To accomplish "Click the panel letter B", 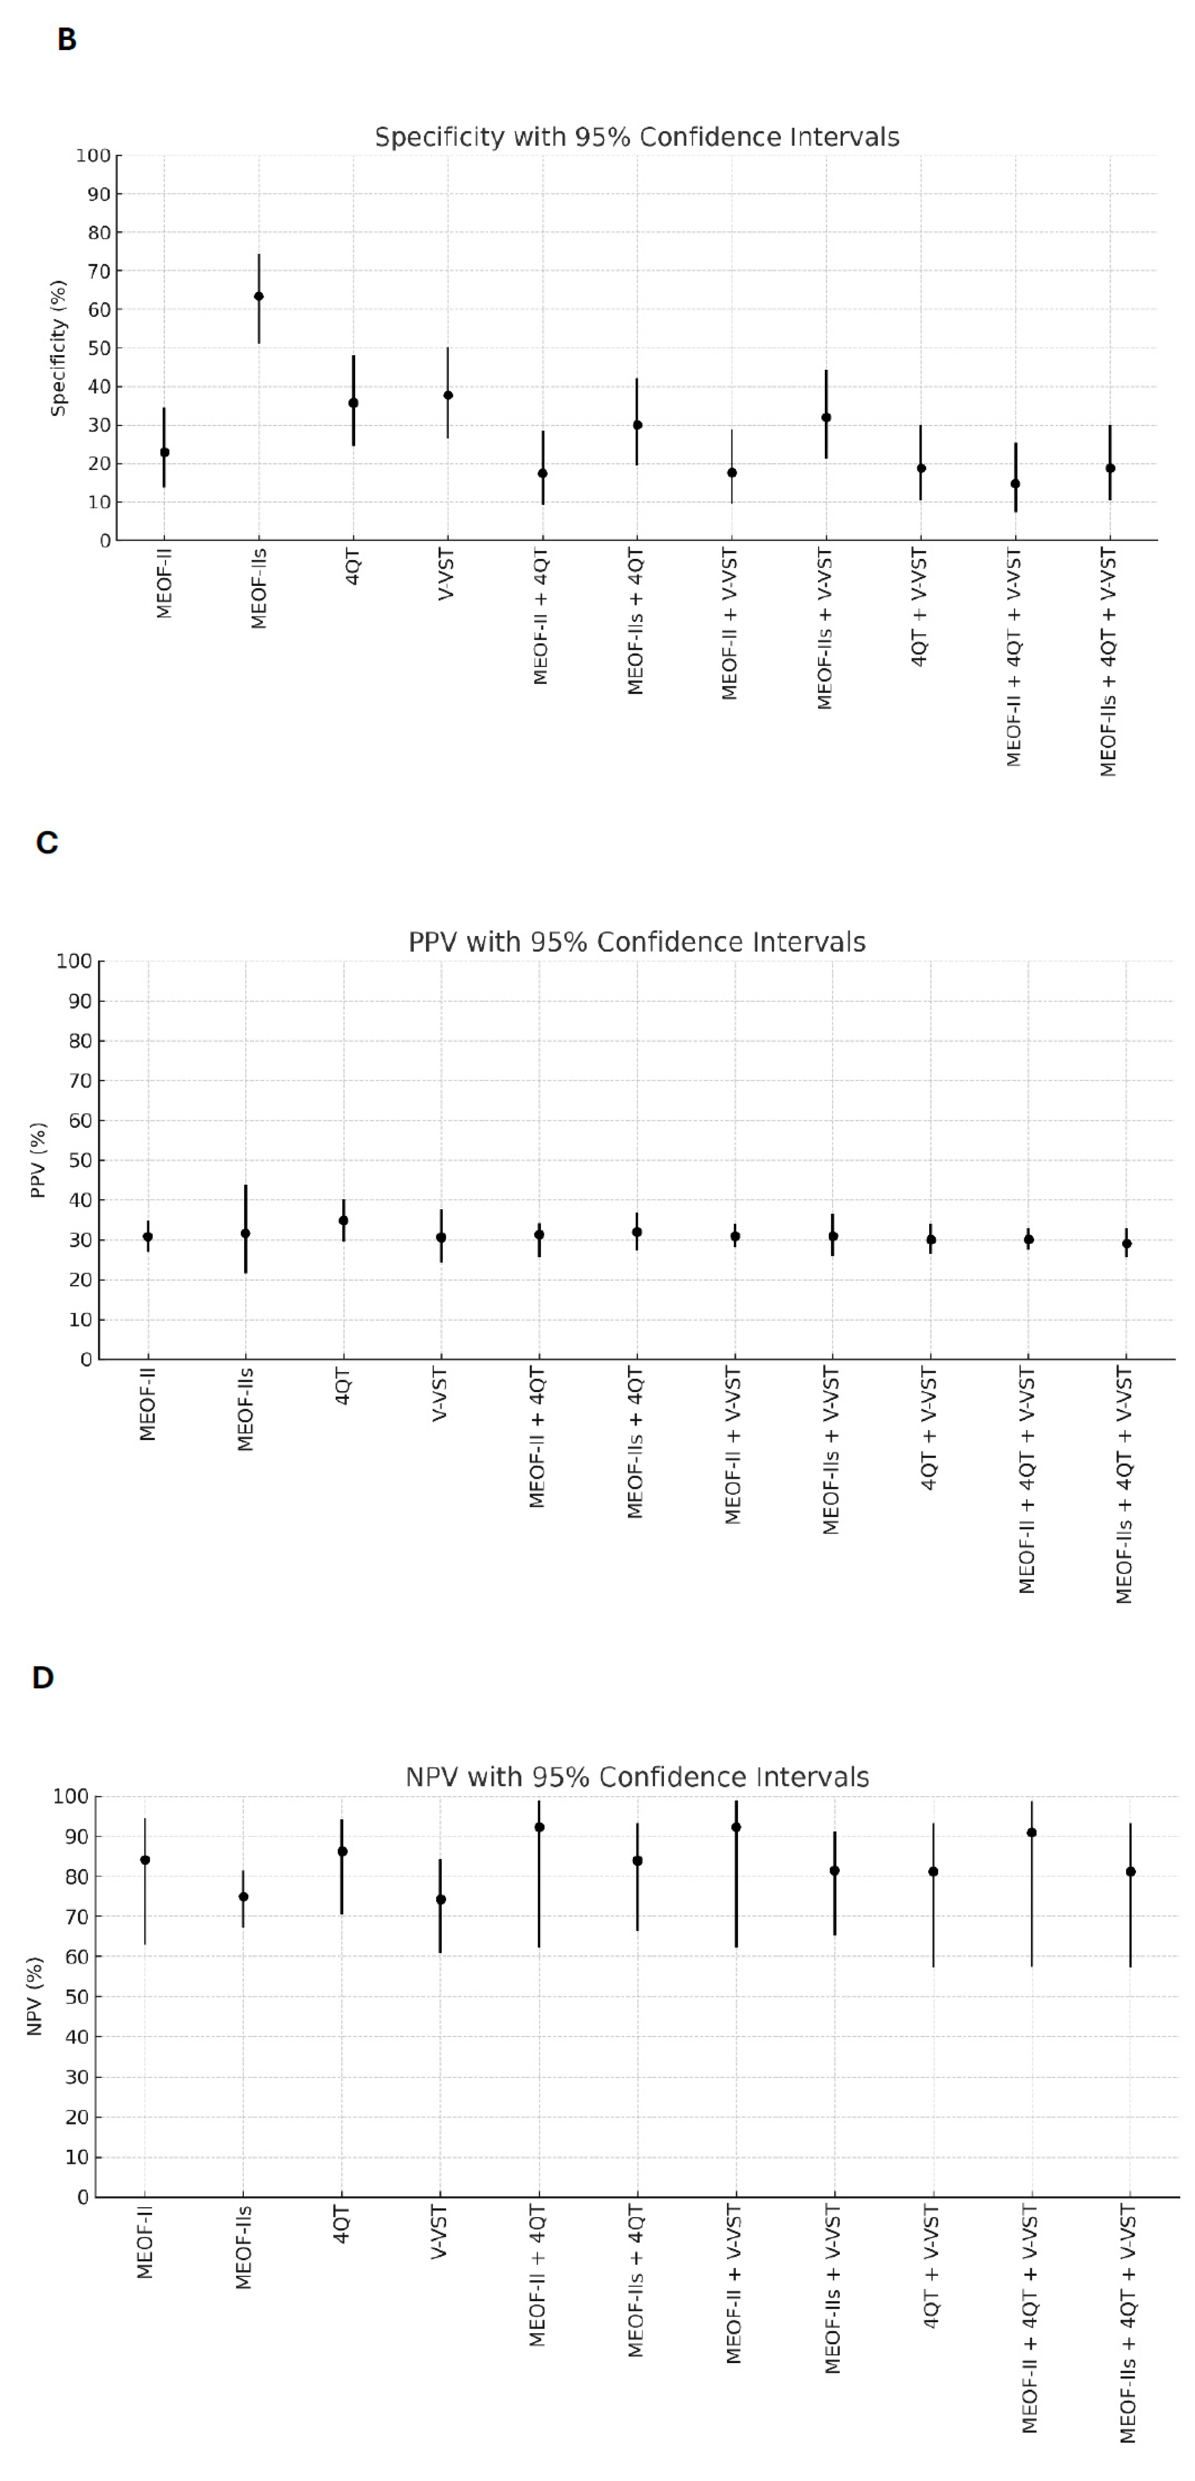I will [66, 39].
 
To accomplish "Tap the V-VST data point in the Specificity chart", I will [448, 395].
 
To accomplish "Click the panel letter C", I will [46, 843].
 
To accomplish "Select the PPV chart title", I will [636, 942].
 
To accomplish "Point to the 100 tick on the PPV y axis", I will [74, 961].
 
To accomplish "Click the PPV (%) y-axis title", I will [38, 1160].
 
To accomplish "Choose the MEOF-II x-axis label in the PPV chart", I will [147, 1404].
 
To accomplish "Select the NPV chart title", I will [636, 1777].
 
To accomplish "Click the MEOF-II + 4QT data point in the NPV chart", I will [539, 1827].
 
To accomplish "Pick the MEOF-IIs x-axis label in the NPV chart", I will [244, 2247].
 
